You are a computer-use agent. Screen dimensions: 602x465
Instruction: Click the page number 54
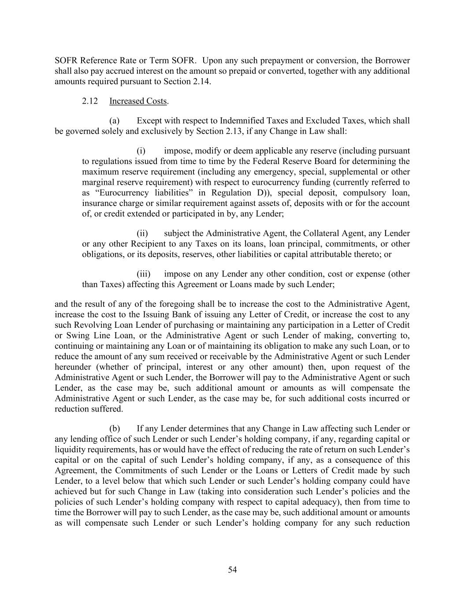[232, 570]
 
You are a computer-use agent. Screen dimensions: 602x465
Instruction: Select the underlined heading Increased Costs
[138, 101]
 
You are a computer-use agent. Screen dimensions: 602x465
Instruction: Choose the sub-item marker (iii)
[143, 274]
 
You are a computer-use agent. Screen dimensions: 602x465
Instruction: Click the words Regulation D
[238, 193]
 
